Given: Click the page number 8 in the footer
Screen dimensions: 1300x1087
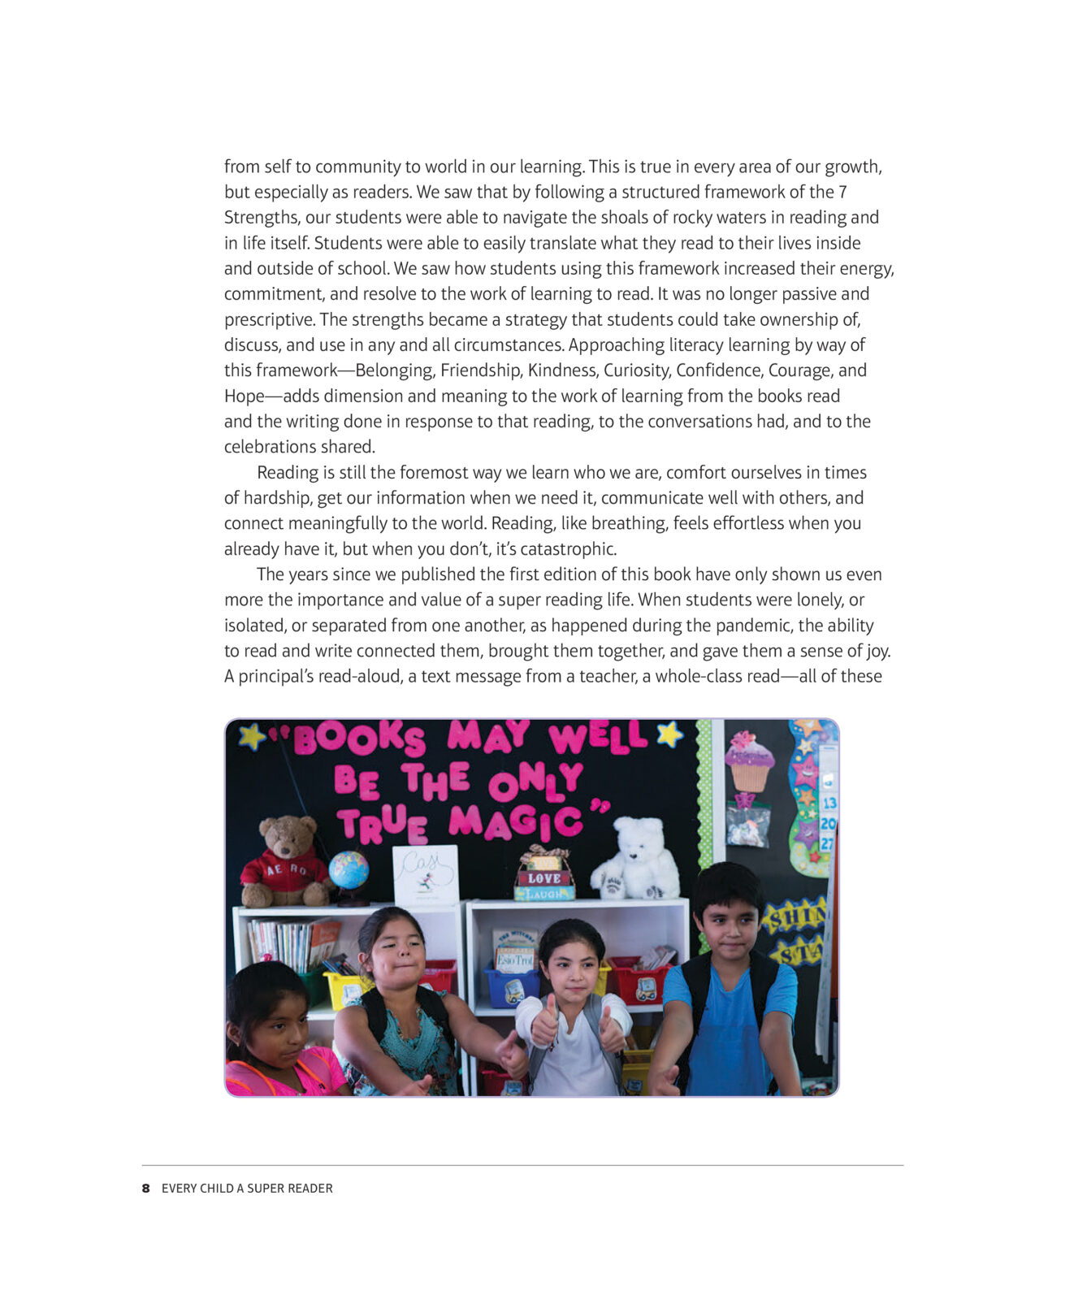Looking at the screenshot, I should click(145, 1188).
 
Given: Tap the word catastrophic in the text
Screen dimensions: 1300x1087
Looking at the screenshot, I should click(567, 548).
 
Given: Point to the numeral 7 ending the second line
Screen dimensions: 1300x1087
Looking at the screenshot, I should click(842, 192).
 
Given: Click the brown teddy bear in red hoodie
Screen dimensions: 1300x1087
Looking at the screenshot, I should click(284, 863).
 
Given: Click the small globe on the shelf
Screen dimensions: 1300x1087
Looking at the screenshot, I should click(349, 871).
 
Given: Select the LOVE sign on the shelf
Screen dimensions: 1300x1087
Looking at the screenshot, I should click(543, 878).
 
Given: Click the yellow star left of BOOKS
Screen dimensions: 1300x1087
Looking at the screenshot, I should click(251, 736).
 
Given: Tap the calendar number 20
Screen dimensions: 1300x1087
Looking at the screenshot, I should click(828, 823).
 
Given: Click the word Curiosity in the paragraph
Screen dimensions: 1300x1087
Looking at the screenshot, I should click(634, 370).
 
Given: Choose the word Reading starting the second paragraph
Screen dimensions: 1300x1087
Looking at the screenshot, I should click(288, 473).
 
